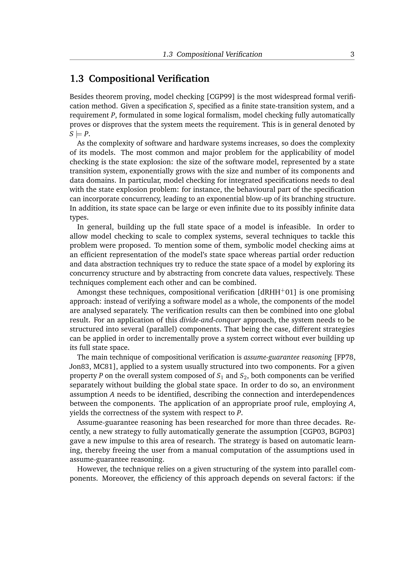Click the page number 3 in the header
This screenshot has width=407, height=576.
tap(352, 54)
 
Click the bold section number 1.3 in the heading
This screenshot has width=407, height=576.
tap(77, 79)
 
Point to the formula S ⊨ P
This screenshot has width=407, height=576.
tap(79, 134)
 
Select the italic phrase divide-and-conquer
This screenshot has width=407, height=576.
tap(210, 320)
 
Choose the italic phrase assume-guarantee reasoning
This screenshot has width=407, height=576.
tap(288, 357)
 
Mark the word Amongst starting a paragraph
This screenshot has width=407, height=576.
tap(91, 292)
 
